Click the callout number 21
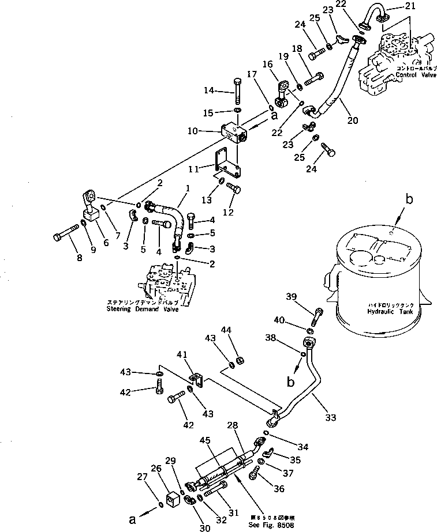click(x=394, y=7)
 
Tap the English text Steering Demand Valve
click(x=143, y=309)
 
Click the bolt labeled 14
click(x=238, y=90)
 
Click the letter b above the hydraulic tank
click(x=409, y=200)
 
